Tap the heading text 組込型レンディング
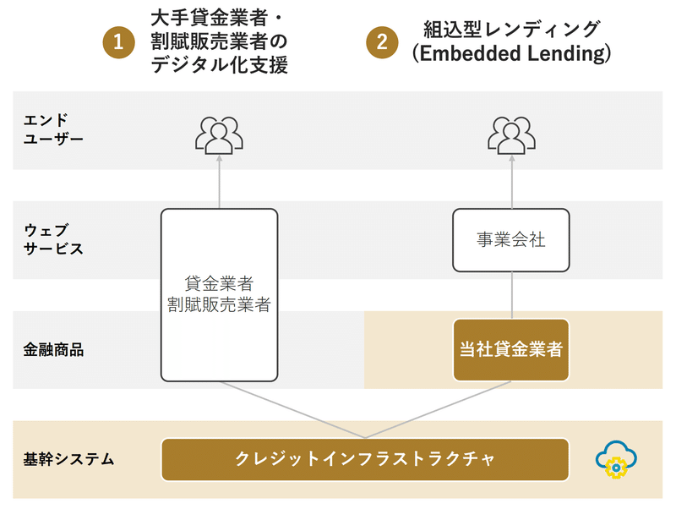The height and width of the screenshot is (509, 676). [511, 29]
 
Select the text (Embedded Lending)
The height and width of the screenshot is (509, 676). [511, 54]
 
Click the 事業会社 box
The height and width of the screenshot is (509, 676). [511, 240]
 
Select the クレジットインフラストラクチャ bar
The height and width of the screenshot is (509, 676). [364, 459]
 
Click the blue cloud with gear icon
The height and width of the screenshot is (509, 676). [617, 460]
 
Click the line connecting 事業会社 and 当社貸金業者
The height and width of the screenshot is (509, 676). [512, 295]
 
